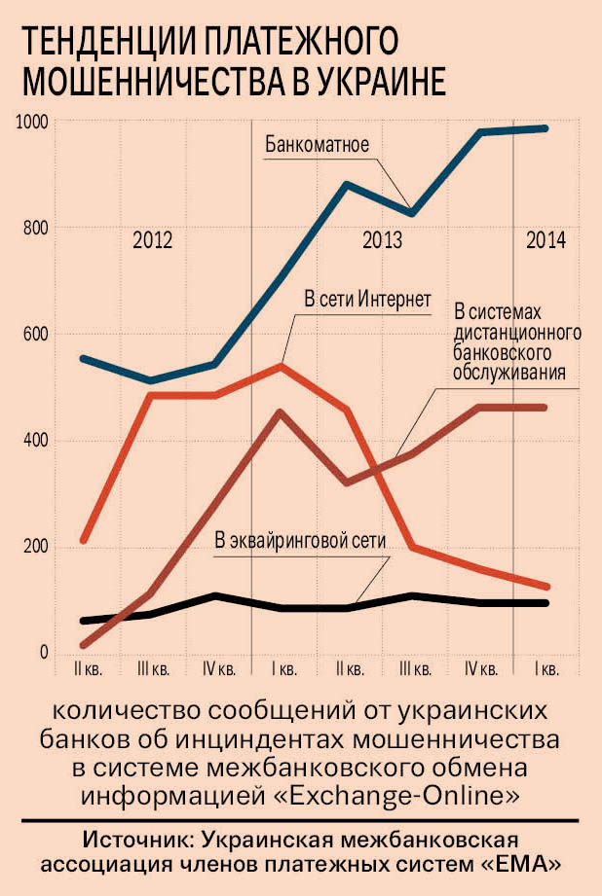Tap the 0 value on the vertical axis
pos(43,653)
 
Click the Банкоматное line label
pos(316,147)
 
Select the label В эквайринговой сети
pos(301,542)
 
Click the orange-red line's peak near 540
pos(281,367)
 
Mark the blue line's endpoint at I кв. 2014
pos(546,128)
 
